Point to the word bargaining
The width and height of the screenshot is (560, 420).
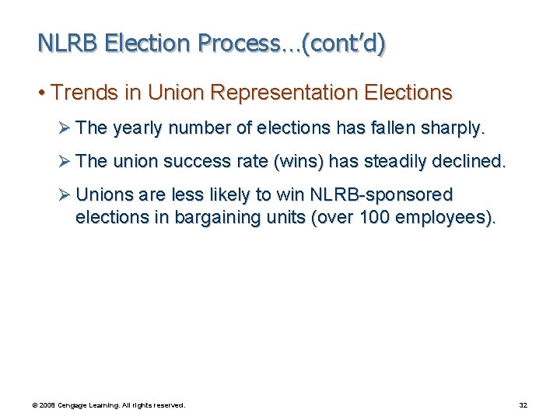[215, 218]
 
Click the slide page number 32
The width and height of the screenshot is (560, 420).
[523, 405]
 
